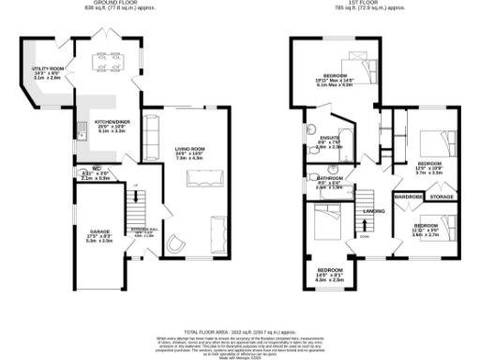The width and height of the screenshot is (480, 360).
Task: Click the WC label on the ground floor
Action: point(83,169)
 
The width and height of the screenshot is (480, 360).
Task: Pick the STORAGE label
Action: point(441,197)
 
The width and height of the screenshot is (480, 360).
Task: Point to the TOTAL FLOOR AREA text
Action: point(240,332)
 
